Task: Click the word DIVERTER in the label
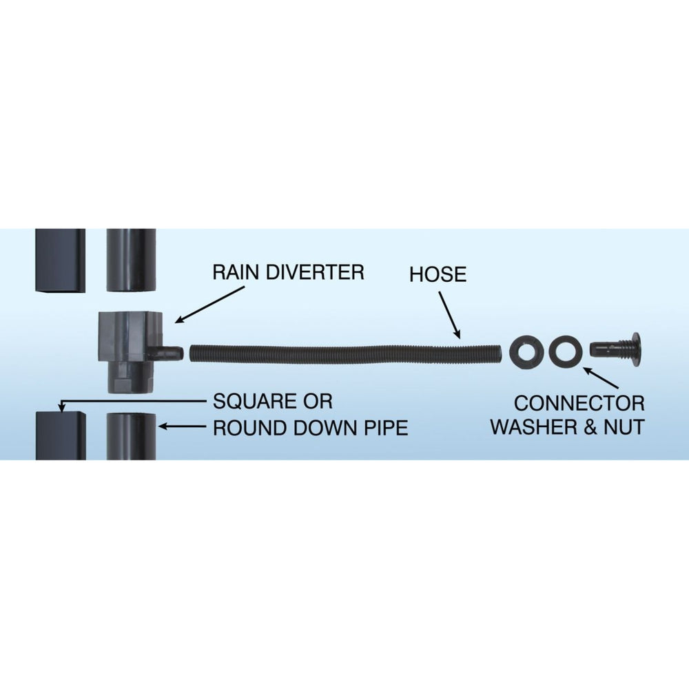(x=316, y=272)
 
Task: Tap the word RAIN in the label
(x=236, y=272)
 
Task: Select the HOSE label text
(x=438, y=274)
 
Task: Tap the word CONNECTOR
(x=579, y=403)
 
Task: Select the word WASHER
(x=533, y=426)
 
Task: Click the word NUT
(x=624, y=426)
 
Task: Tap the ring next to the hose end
(x=526, y=351)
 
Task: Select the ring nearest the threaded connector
(x=565, y=351)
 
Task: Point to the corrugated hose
(x=345, y=353)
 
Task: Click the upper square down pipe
(x=61, y=260)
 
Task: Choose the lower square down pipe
(x=61, y=435)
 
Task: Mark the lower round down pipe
(x=132, y=436)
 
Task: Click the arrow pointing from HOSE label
(x=450, y=316)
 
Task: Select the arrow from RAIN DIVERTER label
(x=209, y=305)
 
